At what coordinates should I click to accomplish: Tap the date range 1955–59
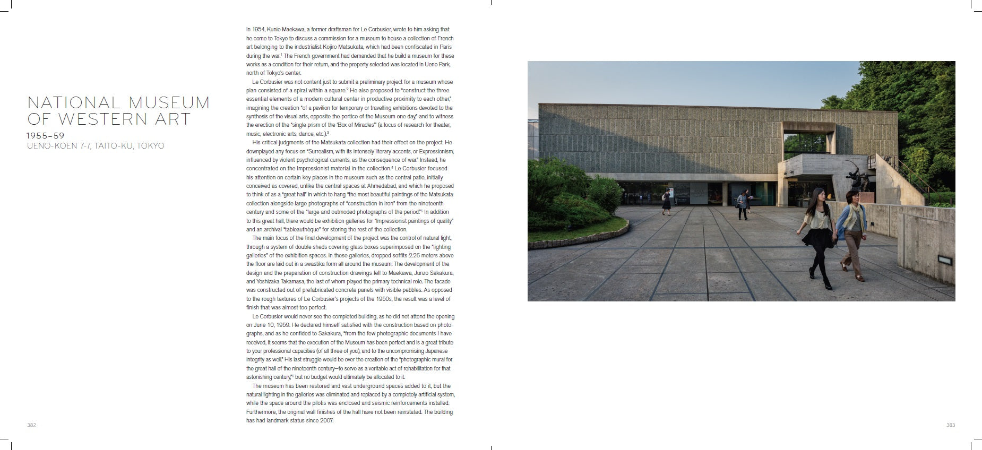tap(46, 136)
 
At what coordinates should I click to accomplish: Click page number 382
tap(31, 425)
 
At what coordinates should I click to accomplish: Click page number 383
tap(950, 425)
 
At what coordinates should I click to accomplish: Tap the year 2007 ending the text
tap(326, 421)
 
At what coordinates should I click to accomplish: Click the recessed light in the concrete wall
tap(944, 259)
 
